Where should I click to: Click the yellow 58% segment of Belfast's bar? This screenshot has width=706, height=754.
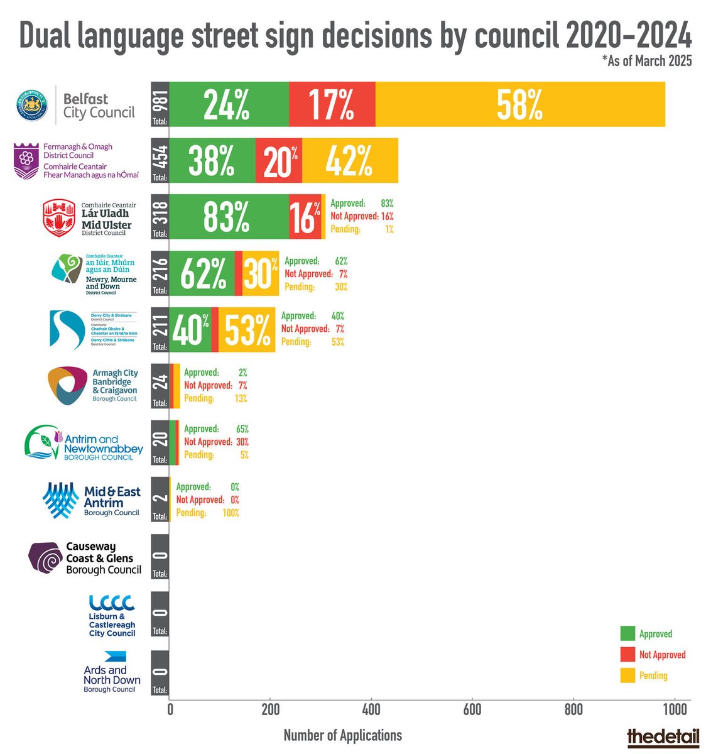520,104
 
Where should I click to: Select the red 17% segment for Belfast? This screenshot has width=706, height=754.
332,104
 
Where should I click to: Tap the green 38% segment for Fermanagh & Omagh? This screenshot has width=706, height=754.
212,160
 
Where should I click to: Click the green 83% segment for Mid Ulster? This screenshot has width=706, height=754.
228,217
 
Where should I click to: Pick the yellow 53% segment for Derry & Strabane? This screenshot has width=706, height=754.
247,330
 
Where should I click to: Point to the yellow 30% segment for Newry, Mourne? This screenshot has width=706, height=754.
261,273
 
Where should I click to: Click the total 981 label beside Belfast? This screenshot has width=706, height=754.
160,104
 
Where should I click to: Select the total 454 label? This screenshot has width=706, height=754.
160,160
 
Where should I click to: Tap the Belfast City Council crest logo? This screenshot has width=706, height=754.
33,105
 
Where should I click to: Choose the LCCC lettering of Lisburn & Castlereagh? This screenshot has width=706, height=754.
112,603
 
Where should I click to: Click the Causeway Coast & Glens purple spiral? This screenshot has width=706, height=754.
46,558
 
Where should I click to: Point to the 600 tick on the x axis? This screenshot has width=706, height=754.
472,710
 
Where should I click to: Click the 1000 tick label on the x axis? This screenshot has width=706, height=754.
674,710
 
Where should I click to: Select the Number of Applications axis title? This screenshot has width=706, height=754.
342,735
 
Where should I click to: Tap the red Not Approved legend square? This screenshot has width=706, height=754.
627,654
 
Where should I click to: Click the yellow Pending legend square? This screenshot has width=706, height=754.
627,675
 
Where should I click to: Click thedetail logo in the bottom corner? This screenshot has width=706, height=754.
663,737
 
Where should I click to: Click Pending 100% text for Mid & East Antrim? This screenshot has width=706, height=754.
207,513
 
